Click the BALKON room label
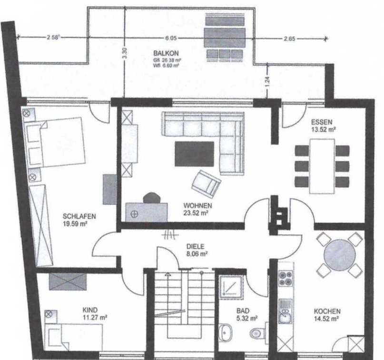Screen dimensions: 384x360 [166, 53]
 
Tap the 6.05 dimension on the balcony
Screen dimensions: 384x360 [171, 38]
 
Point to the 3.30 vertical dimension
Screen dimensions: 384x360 [125, 53]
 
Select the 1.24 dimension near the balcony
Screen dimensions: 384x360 [267, 81]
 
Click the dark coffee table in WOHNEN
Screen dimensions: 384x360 [195, 154]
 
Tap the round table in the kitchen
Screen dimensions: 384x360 [339, 255]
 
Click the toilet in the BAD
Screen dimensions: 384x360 [257, 333]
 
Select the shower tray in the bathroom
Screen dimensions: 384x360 [231, 288]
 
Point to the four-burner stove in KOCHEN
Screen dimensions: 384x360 [286, 278]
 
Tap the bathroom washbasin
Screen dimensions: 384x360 [225, 332]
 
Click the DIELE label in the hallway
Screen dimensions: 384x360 [195, 246]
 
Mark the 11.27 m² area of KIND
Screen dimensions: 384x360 [95, 318]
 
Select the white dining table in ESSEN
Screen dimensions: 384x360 [322, 166]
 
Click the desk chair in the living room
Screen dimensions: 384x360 [152, 198]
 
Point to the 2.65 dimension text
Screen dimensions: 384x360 [289, 39]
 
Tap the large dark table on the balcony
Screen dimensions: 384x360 [225, 38]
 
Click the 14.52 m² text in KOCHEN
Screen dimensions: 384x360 [326, 319]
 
